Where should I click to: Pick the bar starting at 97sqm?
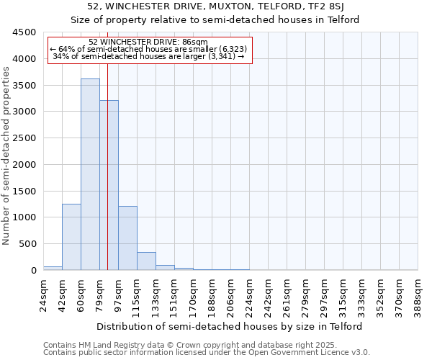pyautogui.click(x=127, y=238)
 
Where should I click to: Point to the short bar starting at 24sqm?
pyautogui.click(x=53, y=268)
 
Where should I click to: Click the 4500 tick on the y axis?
pyautogui.click(x=23, y=32)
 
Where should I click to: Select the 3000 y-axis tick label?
pyautogui.click(x=23, y=112)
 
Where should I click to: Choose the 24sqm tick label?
pyautogui.click(x=43, y=294)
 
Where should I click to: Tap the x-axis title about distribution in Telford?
pyautogui.click(x=230, y=326)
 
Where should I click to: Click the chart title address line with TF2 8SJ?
pyautogui.click(x=215, y=6)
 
